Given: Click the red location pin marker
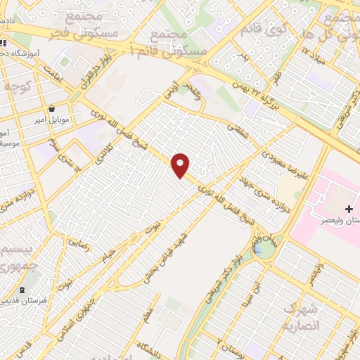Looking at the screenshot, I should tap(181, 165).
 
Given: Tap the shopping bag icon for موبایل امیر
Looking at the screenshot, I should tap(53, 108).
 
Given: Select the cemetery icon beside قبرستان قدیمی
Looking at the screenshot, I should tap(23, 290).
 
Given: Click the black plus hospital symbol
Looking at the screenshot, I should tap(349, 210).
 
